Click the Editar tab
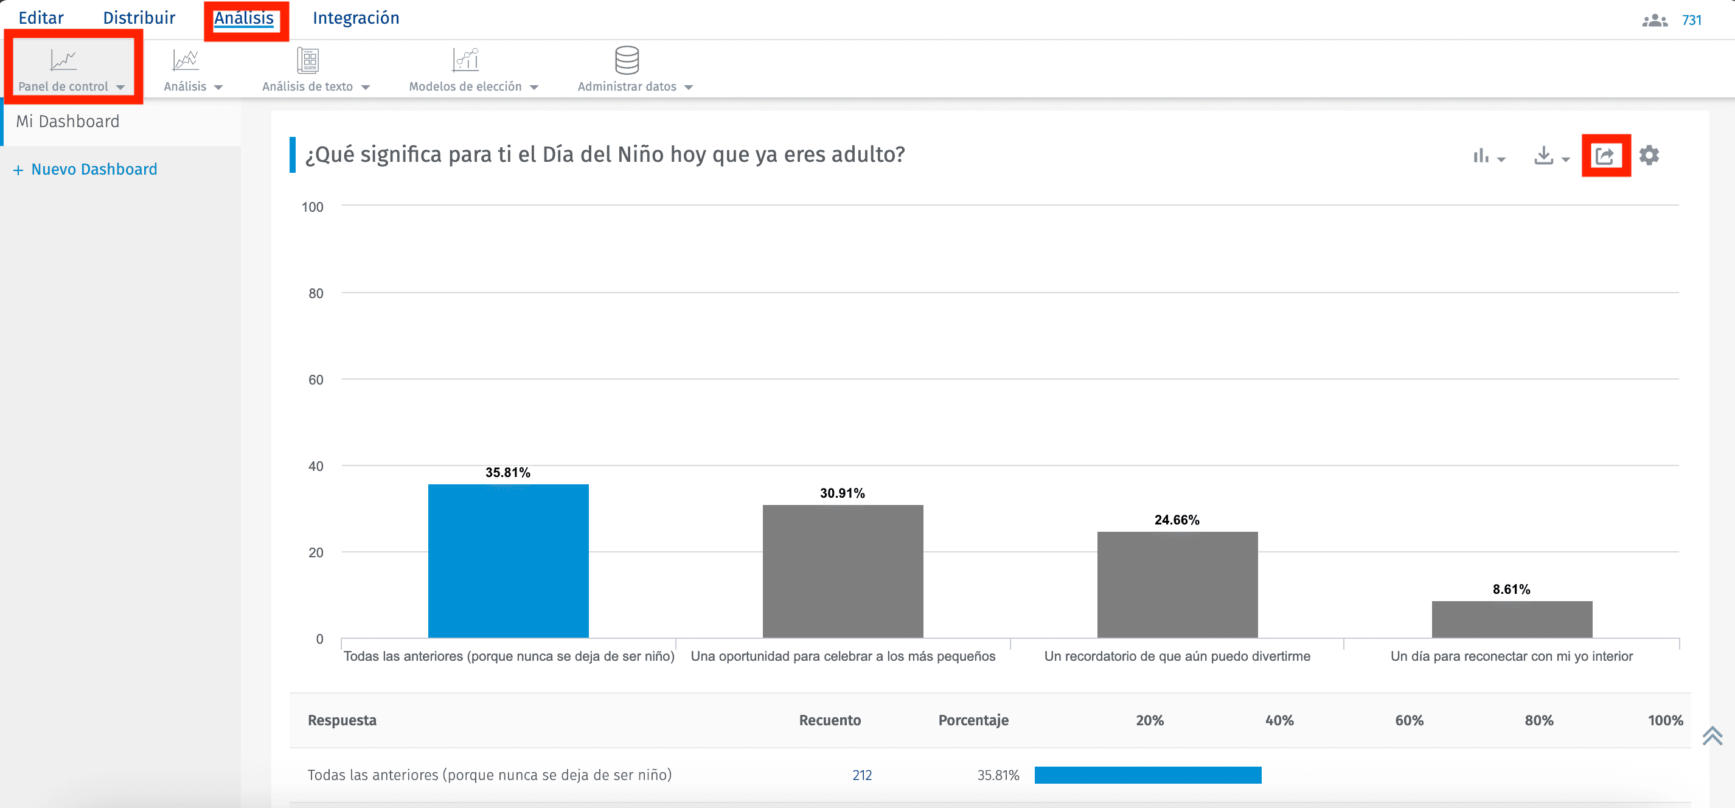coord(41,18)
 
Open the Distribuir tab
coord(139,18)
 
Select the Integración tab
coord(356,18)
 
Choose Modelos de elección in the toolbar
coord(473,69)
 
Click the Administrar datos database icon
coord(627,61)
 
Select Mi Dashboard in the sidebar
coord(68,121)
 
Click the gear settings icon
coord(1649,156)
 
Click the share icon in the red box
coord(1605,156)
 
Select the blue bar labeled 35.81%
coord(508,561)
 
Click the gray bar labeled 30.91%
coord(842,571)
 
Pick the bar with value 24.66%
coord(1177,584)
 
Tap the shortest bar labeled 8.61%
coord(1511,619)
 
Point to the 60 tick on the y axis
coord(316,380)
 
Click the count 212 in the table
coord(861,775)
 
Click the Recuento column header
coord(829,720)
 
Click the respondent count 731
coord(1691,20)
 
